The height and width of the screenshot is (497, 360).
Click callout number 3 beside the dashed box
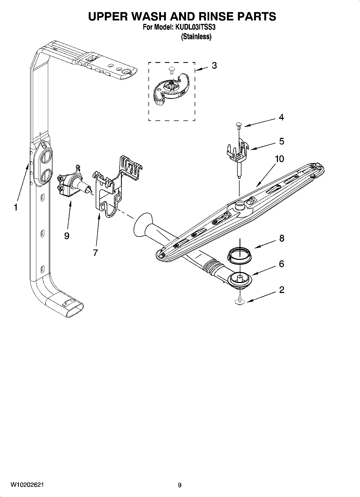pyautogui.click(x=214, y=65)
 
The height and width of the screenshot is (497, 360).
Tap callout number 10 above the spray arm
pyautogui.click(x=279, y=159)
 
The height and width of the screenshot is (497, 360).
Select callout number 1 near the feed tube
pyautogui.click(x=16, y=207)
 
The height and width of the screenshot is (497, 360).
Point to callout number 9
pyautogui.click(x=67, y=236)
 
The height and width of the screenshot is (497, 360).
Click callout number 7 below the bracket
pyautogui.click(x=95, y=252)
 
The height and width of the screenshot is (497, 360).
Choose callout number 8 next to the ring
pyautogui.click(x=281, y=238)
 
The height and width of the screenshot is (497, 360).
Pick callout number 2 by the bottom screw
pyautogui.click(x=281, y=289)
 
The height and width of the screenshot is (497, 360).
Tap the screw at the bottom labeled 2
pyautogui.click(x=239, y=301)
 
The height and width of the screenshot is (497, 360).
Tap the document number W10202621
pyautogui.click(x=27, y=485)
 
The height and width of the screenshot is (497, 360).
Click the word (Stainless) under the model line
pyautogui.click(x=196, y=37)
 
